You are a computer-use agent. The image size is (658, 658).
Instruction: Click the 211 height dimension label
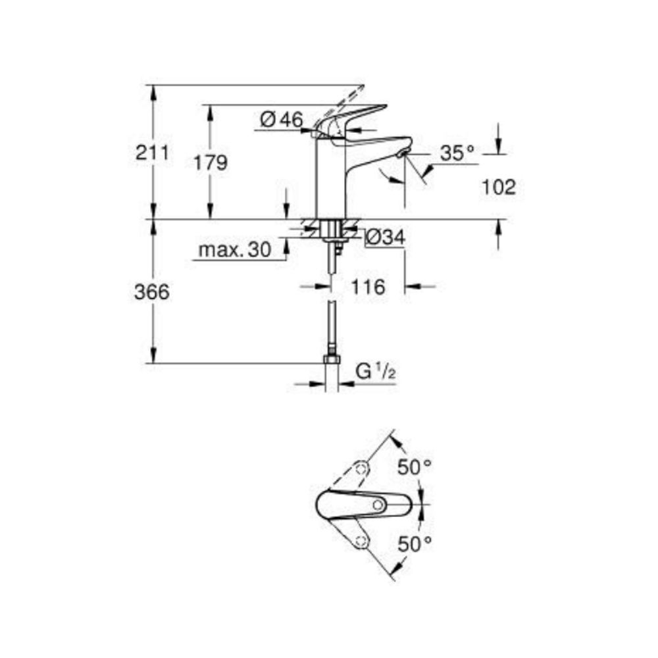tap(153, 153)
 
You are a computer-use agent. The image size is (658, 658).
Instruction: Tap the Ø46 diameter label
tap(281, 120)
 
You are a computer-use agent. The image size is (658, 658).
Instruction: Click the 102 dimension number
tap(498, 188)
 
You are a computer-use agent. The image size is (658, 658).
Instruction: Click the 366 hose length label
tap(153, 292)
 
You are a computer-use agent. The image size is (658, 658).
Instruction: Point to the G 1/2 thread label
tap(375, 372)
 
